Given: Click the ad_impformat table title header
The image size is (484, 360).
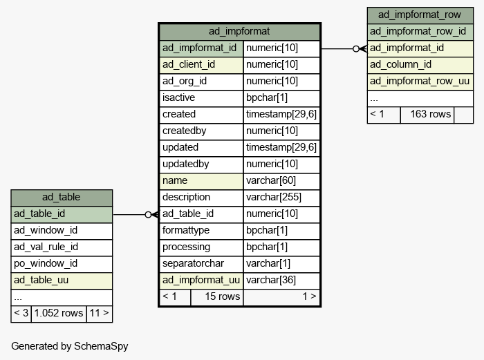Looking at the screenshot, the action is [x=239, y=32].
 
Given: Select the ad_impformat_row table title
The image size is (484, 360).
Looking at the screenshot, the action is [x=420, y=15].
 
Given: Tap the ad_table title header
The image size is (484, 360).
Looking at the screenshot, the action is [x=62, y=198].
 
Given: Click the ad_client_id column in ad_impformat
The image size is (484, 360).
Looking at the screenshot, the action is [x=201, y=65].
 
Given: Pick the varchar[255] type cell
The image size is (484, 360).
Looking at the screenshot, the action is [x=281, y=198].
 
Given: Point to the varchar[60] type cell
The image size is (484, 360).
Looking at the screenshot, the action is [x=281, y=181].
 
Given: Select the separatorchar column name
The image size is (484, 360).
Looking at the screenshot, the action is [x=201, y=264].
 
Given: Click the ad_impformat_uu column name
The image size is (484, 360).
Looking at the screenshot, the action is [x=201, y=281].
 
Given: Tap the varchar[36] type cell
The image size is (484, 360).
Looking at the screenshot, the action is [x=281, y=281].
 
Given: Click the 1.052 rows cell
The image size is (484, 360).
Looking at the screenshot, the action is [x=59, y=314].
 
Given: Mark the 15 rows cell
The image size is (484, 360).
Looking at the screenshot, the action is [x=217, y=297].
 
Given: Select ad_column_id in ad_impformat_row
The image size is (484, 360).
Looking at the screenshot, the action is [x=420, y=65].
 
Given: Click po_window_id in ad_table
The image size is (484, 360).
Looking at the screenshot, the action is [x=62, y=264].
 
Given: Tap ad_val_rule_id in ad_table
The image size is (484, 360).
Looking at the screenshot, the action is [x=62, y=247].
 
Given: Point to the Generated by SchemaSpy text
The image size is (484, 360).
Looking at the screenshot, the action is [x=70, y=346].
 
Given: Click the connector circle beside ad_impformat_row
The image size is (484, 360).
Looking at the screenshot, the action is [x=356, y=49].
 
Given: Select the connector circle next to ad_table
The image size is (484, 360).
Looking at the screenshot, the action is [x=148, y=215].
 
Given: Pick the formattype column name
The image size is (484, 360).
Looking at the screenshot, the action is [x=201, y=231].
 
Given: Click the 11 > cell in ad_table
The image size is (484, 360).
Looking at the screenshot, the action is [x=100, y=314].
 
